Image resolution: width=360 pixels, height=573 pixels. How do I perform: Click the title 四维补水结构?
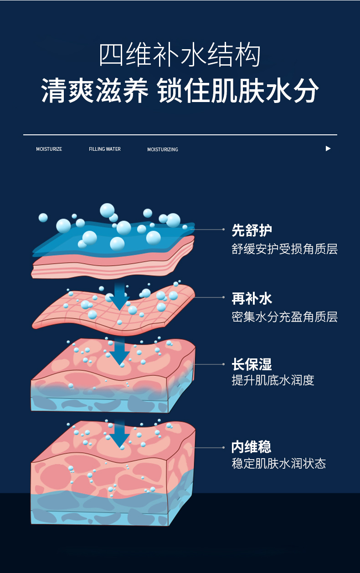pyautogui.click(x=180, y=56)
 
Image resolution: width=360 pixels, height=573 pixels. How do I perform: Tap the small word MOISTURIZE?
pyautogui.click(x=49, y=149)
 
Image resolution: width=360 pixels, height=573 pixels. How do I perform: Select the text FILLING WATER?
pyautogui.click(x=105, y=149)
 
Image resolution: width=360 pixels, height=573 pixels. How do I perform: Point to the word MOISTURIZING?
pyautogui.click(x=163, y=149)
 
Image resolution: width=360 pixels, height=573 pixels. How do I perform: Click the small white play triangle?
pyautogui.click(x=328, y=148)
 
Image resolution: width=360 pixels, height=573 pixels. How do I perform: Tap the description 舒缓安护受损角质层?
pyautogui.click(x=284, y=249)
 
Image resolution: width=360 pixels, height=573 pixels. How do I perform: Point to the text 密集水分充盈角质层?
pyautogui.click(x=284, y=317)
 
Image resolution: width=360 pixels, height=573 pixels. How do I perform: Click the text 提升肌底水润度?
pyautogui.click(x=273, y=380)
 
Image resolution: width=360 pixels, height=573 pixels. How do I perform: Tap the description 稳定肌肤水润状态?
pyautogui.click(x=278, y=464)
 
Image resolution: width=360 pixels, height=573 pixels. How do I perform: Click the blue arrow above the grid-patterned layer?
pyautogui.click(x=119, y=296)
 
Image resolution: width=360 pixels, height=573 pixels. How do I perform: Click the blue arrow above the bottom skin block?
pyautogui.click(x=119, y=434)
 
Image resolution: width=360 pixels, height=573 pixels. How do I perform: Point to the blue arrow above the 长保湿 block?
pyautogui.click(x=119, y=352)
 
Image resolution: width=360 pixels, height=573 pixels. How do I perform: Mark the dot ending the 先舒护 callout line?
pyautogui.click(x=223, y=230)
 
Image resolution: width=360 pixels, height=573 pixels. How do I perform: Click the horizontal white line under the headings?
pyautogui.click(x=180, y=135)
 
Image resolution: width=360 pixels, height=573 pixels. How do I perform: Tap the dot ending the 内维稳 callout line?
pyautogui.click(x=223, y=448)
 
